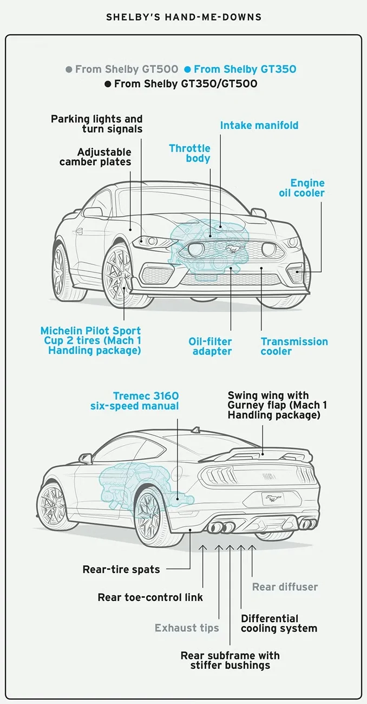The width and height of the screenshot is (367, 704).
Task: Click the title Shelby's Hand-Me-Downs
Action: point(184,17)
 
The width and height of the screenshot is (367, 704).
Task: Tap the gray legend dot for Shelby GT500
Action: point(69,69)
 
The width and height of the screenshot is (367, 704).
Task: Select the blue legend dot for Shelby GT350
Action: point(188,69)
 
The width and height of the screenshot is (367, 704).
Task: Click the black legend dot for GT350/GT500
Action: point(108,84)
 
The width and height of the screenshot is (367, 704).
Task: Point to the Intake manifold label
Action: point(259,126)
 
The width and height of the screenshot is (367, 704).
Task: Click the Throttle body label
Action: point(190,153)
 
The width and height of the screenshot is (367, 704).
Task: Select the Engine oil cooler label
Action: point(302,187)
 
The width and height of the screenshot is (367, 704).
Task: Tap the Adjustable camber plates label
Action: point(95,157)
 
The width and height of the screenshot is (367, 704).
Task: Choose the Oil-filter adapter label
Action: point(210,347)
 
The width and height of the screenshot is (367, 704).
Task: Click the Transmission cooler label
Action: point(294,347)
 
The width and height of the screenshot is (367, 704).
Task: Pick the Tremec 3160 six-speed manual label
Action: point(134,401)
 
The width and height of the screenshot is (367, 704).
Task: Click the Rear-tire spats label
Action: point(121,569)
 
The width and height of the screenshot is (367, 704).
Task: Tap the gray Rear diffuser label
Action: point(285,587)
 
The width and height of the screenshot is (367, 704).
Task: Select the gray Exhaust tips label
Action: point(187,628)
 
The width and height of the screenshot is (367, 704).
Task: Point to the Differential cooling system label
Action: point(279,623)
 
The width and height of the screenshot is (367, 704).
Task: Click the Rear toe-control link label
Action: point(150,597)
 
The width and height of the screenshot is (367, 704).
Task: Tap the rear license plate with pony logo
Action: point(273,498)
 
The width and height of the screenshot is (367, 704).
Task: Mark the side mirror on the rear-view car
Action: point(85,458)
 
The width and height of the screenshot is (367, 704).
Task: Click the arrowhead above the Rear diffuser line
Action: point(252,548)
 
